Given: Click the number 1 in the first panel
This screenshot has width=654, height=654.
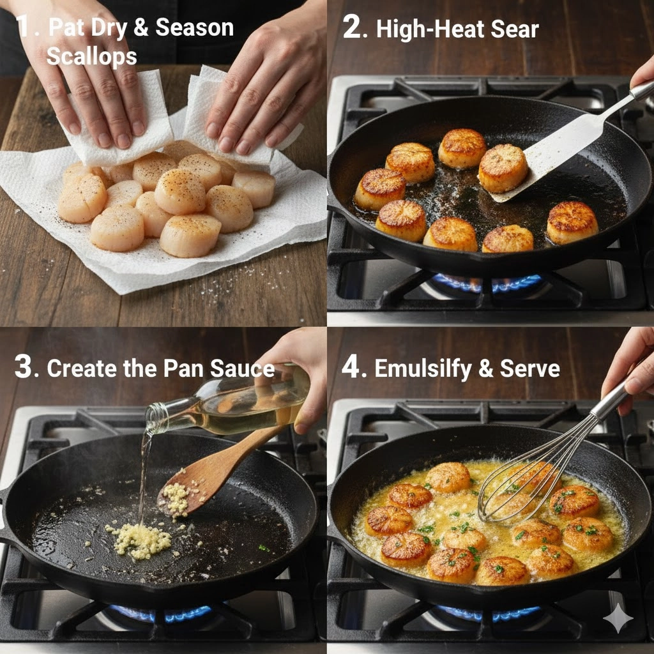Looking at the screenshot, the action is [x=22, y=26].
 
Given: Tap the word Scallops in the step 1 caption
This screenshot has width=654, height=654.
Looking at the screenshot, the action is [x=92, y=57].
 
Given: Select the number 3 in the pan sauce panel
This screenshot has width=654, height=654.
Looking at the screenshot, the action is [x=23, y=367].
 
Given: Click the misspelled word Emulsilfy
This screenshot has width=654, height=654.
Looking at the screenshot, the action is [x=423, y=369].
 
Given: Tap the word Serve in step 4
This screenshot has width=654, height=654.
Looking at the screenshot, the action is [x=529, y=369].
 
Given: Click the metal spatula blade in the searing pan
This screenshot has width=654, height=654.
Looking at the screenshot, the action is [x=555, y=155].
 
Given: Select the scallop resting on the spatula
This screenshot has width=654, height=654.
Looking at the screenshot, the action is [x=503, y=168].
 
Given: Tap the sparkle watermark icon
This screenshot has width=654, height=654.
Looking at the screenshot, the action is [x=618, y=618].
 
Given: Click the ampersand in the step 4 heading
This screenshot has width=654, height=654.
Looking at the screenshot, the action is [x=485, y=369].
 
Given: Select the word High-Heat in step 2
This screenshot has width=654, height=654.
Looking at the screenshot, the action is [x=430, y=30].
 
